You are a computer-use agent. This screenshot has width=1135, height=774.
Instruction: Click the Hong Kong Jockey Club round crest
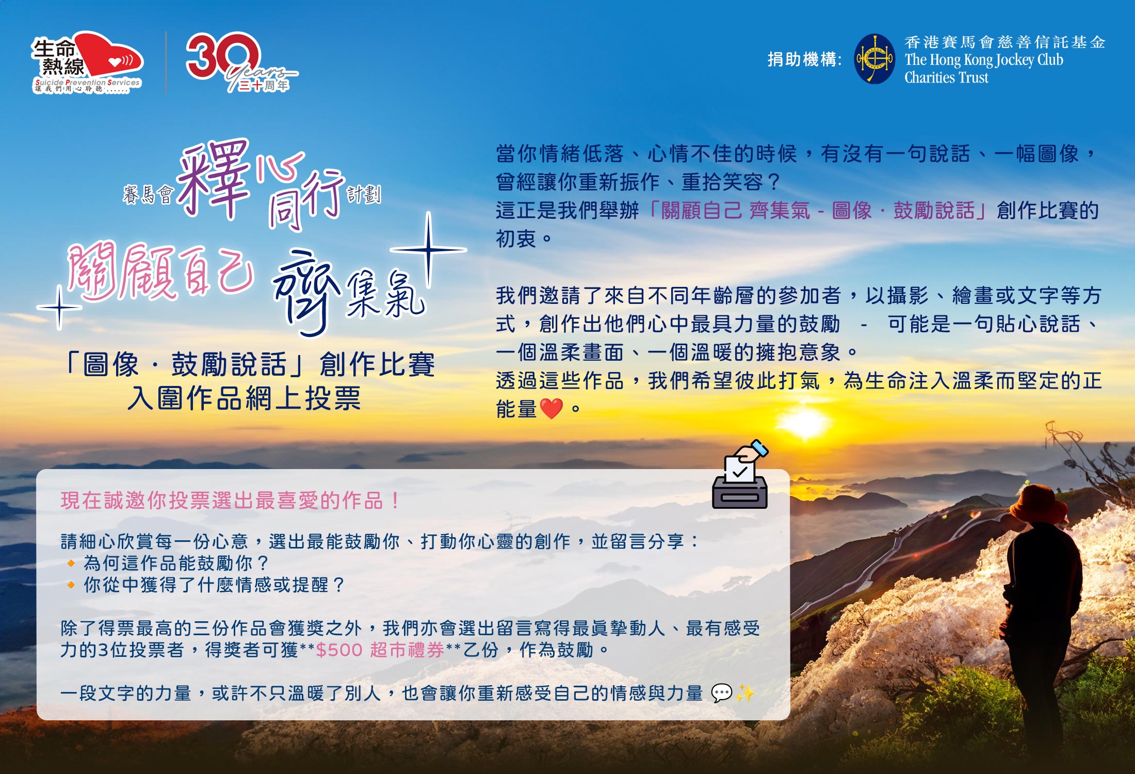pos(874,59)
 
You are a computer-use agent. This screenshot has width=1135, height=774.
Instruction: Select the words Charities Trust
pos(946,77)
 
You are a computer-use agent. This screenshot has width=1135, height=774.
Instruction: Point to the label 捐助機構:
pos(804,59)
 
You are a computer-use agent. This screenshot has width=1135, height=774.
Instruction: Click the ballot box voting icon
pos(740,475)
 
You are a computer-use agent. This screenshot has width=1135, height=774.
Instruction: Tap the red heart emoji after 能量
pos(551,409)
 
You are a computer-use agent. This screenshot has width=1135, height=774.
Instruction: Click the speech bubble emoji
pos(721,693)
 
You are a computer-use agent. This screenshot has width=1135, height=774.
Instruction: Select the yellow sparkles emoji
pos(745,693)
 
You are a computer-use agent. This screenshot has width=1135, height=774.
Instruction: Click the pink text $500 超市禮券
pos(380,650)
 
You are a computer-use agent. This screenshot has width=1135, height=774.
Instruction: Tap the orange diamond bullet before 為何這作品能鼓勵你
pos(71,563)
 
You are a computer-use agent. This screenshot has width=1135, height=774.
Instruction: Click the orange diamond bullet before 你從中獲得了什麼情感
pos(71,585)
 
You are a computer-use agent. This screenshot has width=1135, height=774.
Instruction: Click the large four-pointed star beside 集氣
pos(428,250)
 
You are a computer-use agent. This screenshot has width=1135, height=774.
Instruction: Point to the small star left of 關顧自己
pos(59,308)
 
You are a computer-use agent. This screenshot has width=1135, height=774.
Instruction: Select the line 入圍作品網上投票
pos(244,398)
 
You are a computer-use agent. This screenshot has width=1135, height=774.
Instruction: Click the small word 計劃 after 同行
pos(364,195)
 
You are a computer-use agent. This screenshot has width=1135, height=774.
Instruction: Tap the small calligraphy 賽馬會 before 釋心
pos(148,195)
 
